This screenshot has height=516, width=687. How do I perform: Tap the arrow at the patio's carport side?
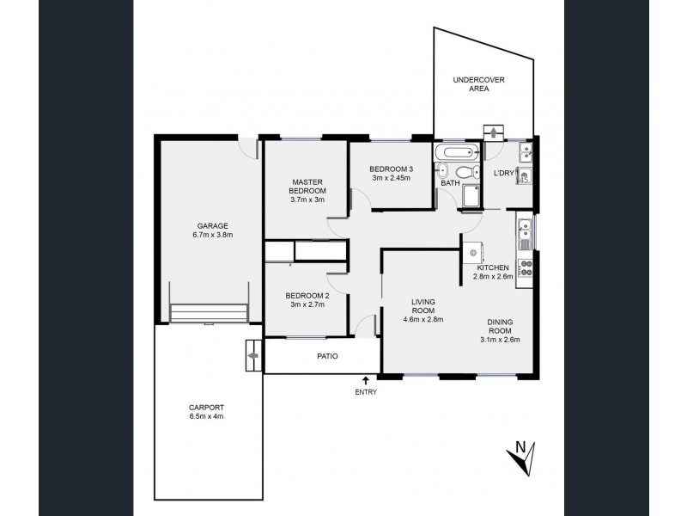[252, 353]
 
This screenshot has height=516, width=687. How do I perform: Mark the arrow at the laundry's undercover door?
[495, 131]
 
